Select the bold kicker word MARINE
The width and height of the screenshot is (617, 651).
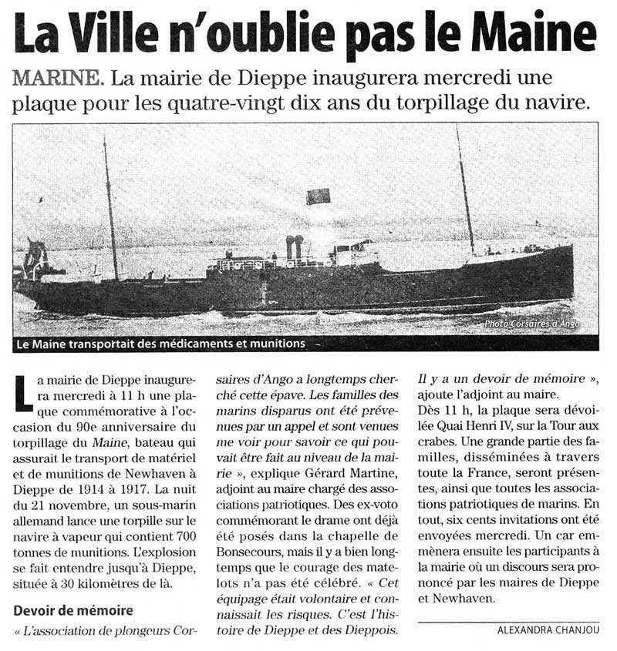click(x=57, y=78)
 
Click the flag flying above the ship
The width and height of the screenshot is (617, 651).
click(x=319, y=196)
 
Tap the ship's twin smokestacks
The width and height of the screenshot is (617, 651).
click(x=295, y=247)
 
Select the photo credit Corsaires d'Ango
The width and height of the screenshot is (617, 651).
click(x=532, y=324)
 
